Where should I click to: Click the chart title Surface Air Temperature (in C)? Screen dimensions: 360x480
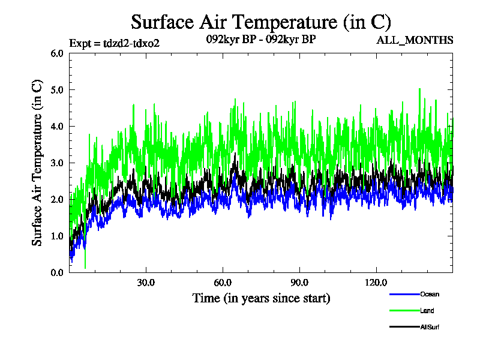point(261,22)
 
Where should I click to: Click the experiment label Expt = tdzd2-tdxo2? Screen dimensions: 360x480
point(115,43)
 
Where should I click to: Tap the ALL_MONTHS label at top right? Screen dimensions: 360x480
point(414,40)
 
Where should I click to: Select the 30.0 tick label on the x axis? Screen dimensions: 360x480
point(146,282)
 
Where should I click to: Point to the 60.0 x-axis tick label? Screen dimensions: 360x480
point(223,282)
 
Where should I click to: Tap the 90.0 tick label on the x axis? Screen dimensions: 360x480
point(299,282)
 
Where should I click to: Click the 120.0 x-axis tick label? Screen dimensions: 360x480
point(376,282)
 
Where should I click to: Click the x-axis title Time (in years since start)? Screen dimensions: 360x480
point(261,298)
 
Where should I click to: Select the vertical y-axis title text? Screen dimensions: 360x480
point(37,163)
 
